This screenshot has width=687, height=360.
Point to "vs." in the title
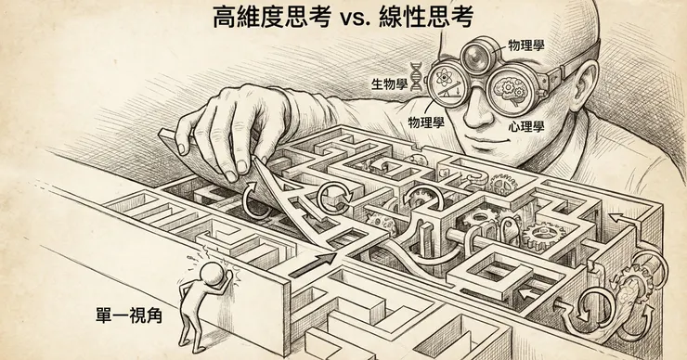point(354,19)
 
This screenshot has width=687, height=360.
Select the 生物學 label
point(389,84)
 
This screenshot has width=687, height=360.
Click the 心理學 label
point(526,127)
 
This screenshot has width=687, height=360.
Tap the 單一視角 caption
point(129,315)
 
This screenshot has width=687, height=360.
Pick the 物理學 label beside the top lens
point(526,45)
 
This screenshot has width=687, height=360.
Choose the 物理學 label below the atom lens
point(426,122)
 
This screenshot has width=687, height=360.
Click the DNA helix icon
point(416,77)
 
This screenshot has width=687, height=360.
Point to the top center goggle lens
point(476,55)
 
